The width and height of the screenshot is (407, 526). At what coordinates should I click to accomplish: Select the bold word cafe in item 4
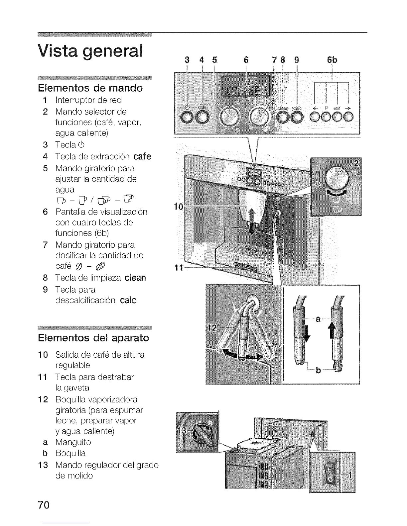(142, 156)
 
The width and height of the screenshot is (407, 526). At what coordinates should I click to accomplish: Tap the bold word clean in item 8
(135, 278)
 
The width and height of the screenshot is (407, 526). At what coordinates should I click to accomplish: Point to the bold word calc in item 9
(128, 300)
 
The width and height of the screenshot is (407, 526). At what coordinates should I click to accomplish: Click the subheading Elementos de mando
(90, 88)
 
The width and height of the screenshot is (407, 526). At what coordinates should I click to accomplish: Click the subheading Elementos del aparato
(93, 338)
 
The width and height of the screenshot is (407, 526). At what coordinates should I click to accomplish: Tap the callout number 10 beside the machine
(179, 207)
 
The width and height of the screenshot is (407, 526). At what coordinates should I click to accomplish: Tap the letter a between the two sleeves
(318, 319)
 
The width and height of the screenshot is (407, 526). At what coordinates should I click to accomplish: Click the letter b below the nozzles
(318, 370)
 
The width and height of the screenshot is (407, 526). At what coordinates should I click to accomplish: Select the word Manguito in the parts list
(73, 442)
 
